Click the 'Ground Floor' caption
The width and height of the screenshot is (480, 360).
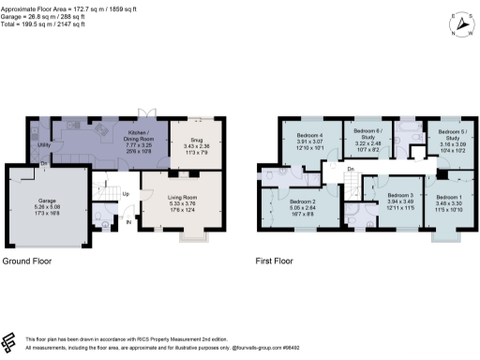(x=25, y=262)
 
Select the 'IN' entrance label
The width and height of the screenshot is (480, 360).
(x=127, y=221)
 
